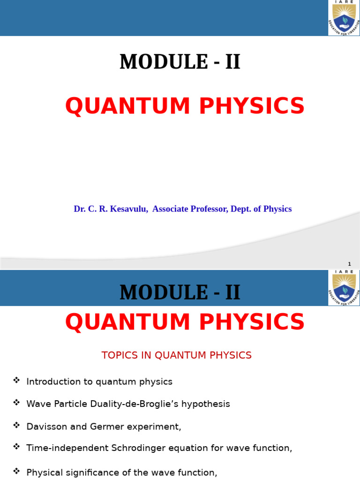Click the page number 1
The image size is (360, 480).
coord(349,264)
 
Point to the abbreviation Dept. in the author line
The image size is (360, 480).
coord(243,209)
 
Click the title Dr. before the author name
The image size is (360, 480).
coord(79,209)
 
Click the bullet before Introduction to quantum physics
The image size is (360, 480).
coord(17,380)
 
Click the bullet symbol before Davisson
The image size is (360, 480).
coord(17,425)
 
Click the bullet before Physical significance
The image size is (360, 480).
coord(17,470)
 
